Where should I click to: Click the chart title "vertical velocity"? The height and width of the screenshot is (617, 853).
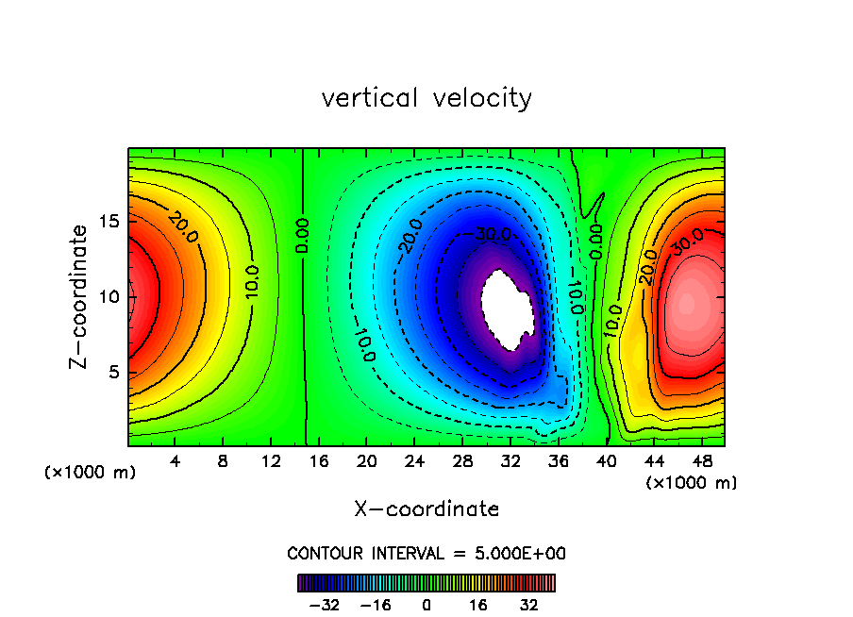tap(426, 98)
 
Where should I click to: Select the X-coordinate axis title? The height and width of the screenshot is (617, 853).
tap(426, 509)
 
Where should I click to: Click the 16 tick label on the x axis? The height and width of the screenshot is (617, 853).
tap(319, 461)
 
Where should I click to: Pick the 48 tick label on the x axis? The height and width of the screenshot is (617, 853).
tap(701, 461)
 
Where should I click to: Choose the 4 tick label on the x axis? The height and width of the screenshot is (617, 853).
tap(176, 461)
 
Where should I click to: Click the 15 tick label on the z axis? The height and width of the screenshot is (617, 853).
tap(107, 221)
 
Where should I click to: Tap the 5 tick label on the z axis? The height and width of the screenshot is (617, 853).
tap(111, 372)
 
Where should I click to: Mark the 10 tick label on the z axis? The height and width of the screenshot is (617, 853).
tap(107, 296)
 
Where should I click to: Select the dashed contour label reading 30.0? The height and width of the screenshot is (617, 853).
tap(493, 234)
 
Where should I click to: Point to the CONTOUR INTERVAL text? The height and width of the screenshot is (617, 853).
tap(426, 553)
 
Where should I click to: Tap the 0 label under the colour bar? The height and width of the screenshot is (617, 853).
tap(426, 605)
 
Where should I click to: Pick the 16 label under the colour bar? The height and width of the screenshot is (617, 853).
tap(478, 605)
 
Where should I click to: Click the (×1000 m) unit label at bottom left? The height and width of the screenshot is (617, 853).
tap(91, 473)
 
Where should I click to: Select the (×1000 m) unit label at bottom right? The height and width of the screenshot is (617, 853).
tap(692, 483)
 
